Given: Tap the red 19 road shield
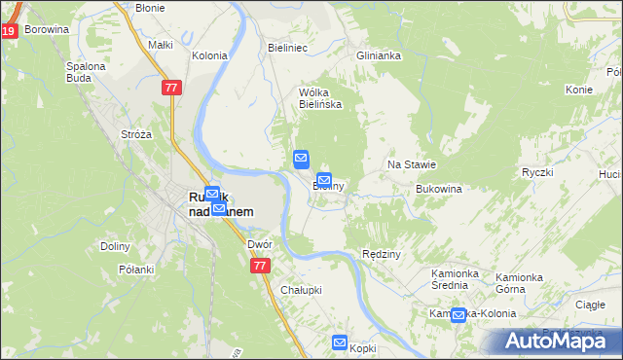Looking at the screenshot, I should click(x=8, y=31).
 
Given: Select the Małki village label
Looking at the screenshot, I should click(x=160, y=45).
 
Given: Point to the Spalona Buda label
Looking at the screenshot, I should click(x=86, y=73).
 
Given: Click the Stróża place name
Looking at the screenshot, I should click(x=135, y=134).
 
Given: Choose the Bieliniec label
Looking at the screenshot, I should click(x=287, y=46).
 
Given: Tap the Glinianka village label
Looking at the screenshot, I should click(x=379, y=55).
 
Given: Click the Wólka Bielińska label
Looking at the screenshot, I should click(x=319, y=98).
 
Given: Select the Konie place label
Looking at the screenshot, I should click(x=578, y=90).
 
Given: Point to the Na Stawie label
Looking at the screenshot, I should click(x=412, y=165).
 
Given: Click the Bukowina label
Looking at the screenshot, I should click(x=437, y=189).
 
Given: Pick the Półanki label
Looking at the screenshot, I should click(x=136, y=270).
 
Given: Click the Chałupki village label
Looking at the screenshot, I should click(x=301, y=290).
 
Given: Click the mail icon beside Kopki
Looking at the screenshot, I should click(x=340, y=342).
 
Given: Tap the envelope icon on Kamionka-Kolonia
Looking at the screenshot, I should click(x=458, y=314).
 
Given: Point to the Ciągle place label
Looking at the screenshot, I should click(x=590, y=305).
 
